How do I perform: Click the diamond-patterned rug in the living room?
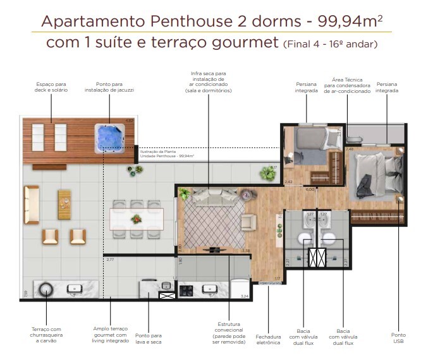[212, 222]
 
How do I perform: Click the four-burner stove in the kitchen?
[187, 291]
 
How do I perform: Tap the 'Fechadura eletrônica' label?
[268, 339]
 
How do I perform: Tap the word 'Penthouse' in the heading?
[188, 21]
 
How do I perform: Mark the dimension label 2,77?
[110, 260]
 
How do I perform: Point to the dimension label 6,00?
[310, 189]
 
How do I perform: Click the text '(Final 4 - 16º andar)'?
[331, 45]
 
